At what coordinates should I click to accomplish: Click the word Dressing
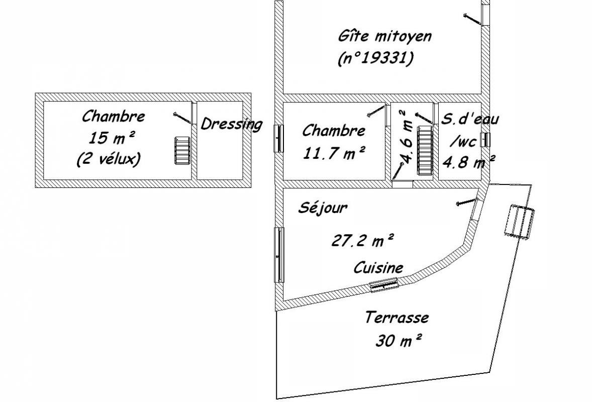(x=231, y=124)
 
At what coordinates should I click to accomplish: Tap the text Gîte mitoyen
(x=384, y=37)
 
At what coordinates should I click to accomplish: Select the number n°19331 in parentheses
(x=376, y=58)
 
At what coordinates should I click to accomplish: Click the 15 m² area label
(x=112, y=138)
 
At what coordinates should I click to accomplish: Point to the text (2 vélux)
(x=109, y=159)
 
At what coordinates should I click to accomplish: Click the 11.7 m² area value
(x=334, y=153)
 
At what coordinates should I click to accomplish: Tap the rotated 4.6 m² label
(x=406, y=137)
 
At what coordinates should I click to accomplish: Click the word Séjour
(x=323, y=208)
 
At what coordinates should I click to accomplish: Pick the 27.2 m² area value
(x=363, y=240)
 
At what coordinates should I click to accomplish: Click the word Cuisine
(x=378, y=268)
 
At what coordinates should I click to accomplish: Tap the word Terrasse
(x=397, y=318)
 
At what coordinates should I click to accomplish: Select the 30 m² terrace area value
(x=399, y=341)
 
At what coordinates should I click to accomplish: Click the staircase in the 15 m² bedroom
(x=181, y=151)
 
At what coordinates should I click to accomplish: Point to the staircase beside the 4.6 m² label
(x=425, y=151)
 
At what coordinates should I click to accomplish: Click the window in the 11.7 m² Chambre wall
(x=278, y=138)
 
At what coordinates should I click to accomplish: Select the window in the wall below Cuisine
(x=383, y=284)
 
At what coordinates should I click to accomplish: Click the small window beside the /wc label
(x=485, y=139)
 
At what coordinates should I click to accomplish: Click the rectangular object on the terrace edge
(x=520, y=222)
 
